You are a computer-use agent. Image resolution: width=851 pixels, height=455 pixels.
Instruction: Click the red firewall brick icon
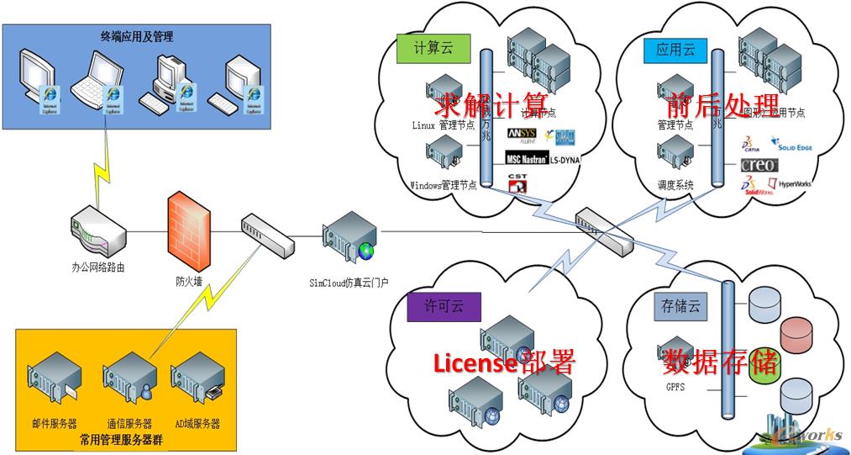187,230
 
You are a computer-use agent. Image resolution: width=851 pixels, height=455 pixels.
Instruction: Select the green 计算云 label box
433,48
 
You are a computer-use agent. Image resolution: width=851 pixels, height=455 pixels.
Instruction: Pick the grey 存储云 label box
676,306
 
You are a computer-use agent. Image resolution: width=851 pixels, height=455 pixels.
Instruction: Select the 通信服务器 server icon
128,378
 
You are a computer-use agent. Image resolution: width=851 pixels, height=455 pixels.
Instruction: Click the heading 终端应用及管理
137,36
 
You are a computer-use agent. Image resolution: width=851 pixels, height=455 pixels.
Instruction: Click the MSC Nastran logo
526,158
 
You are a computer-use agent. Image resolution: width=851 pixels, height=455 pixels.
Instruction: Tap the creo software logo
758,165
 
